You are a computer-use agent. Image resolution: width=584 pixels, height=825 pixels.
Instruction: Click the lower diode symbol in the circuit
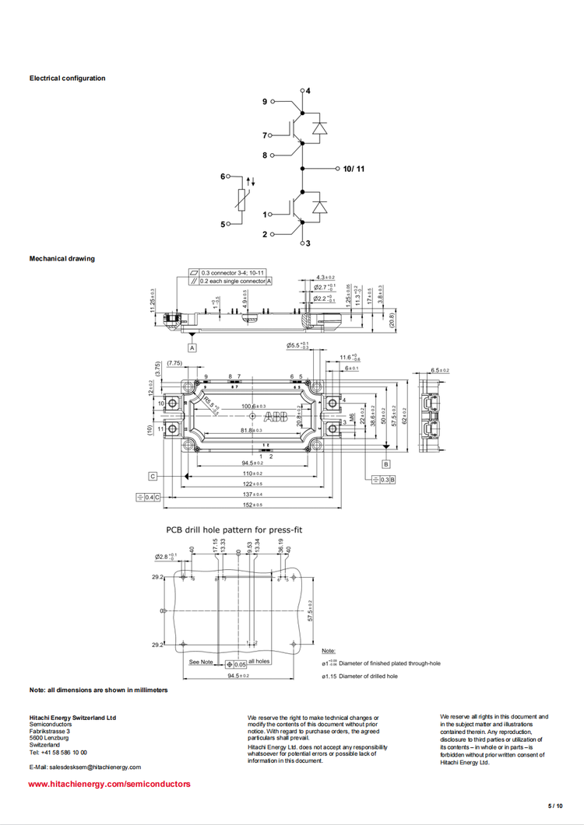(318, 206)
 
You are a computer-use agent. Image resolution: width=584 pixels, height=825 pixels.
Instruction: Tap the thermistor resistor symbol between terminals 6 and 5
(244, 201)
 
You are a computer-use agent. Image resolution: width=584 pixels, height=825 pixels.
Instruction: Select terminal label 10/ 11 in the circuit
(354, 168)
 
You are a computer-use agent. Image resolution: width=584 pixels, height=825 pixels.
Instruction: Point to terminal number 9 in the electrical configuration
(265, 102)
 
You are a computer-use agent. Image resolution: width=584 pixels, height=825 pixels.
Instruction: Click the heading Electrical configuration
(67, 78)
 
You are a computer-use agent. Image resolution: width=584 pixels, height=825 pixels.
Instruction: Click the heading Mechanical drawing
(62, 258)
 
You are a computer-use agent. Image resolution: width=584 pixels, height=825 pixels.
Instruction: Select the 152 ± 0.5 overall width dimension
(251, 505)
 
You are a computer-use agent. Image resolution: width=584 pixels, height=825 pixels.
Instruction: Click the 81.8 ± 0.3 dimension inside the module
(252, 430)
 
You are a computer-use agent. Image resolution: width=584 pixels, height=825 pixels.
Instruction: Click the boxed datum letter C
(153, 475)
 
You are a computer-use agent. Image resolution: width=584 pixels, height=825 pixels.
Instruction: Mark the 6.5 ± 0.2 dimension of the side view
(440, 371)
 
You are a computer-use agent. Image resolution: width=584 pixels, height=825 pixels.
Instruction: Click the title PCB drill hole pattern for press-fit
(234, 530)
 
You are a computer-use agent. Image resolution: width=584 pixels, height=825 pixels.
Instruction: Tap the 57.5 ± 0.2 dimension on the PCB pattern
(310, 610)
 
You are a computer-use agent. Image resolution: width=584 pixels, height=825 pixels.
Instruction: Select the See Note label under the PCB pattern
(201, 662)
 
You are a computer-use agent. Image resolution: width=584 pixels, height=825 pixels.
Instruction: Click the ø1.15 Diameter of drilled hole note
(360, 676)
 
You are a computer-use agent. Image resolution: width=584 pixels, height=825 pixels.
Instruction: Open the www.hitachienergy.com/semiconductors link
(109, 784)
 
